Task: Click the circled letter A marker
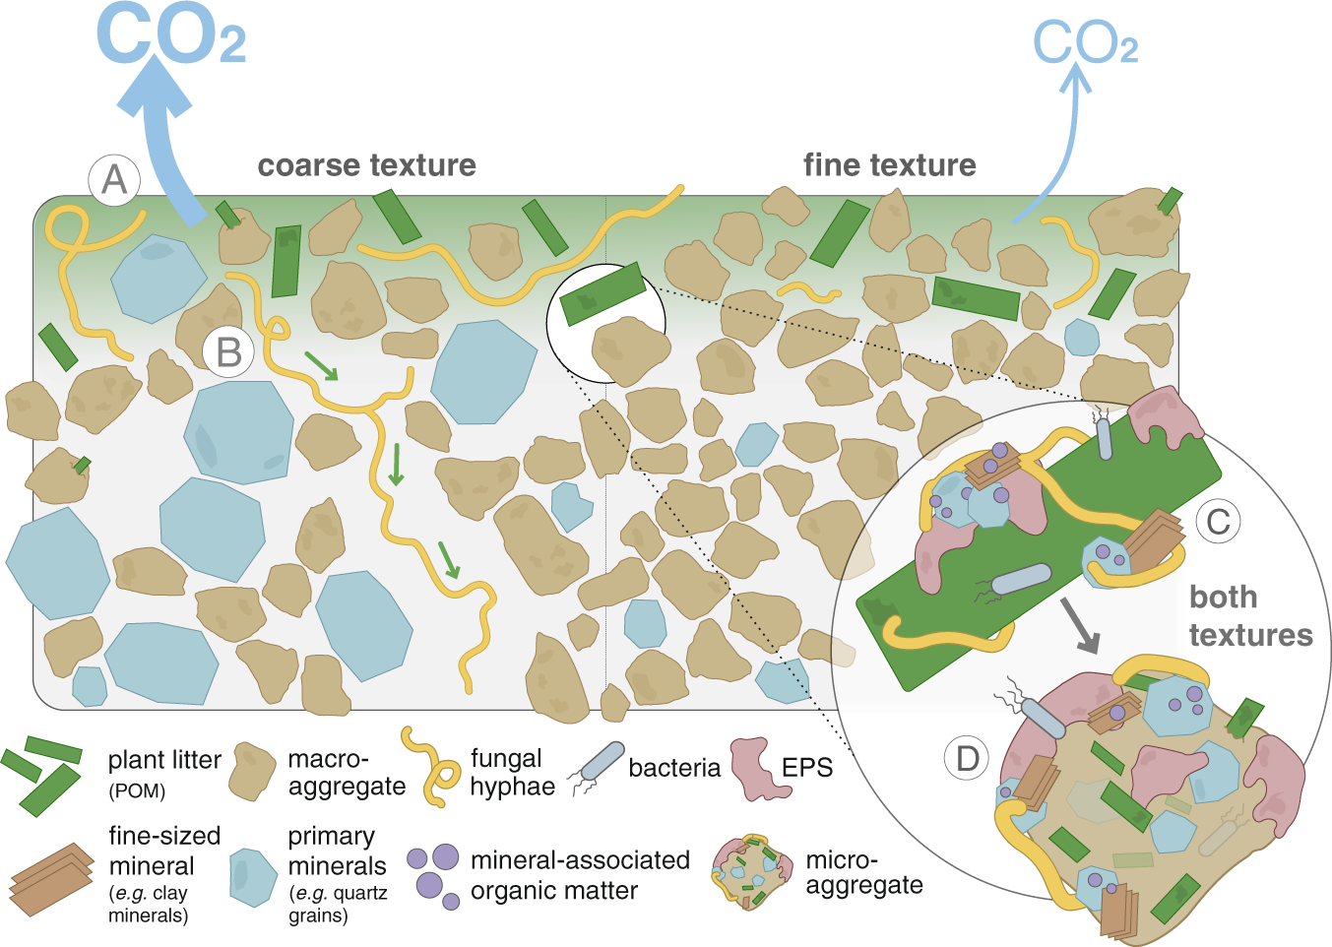114,180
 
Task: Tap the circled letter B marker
228,351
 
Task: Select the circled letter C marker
1218,522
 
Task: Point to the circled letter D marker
968,758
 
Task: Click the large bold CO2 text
169,34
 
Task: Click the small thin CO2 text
1085,44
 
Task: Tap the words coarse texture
366,165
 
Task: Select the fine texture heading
889,165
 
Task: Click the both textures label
1250,616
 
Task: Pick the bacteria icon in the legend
597,769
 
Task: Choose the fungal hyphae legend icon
431,767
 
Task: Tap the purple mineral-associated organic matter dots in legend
434,873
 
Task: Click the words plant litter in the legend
164,760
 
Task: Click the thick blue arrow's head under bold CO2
155,87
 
